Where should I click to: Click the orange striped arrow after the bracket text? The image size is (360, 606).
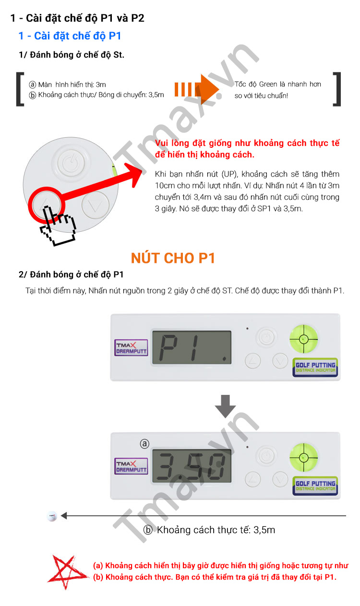pos(196,89)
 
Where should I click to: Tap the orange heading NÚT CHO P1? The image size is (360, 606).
pos(173,258)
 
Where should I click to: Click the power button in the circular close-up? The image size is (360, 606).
pos(71,163)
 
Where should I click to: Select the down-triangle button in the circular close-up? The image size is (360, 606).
pos(95,205)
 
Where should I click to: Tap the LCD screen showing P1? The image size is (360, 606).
pos(192,347)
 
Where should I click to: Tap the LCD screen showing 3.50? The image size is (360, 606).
pos(192,465)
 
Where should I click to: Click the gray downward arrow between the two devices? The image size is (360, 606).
pos(225,406)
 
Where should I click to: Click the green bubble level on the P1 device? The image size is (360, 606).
pos(303,339)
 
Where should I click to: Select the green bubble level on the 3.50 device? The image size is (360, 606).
pos(303,457)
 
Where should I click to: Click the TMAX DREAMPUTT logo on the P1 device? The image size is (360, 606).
pos(131,348)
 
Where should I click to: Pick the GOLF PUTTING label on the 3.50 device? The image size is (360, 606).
pos(315,486)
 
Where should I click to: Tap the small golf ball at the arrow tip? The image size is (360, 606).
pos(52,516)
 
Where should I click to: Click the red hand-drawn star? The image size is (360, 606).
pos(67,571)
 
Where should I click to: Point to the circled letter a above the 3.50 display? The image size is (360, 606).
pos(144,444)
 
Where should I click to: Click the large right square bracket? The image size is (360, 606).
pos(337,89)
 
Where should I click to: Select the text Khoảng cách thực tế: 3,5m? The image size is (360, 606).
pos(216,530)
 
